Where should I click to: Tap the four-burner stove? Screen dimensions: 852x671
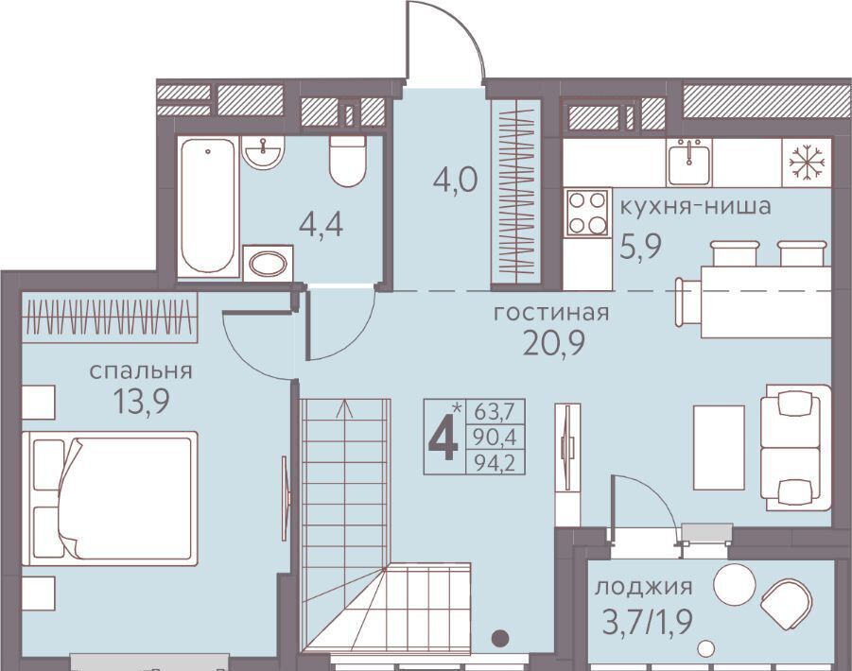pos(587,213)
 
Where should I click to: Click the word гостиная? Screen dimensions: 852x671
pos(551,314)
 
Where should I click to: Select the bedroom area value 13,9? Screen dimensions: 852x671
pos(141,402)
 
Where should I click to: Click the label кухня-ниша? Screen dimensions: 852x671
pos(696,207)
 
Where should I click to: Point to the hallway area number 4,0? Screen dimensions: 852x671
pos(456,180)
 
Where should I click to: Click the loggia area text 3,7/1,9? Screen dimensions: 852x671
pos(647,622)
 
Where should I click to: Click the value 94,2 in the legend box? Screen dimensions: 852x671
pos(495,463)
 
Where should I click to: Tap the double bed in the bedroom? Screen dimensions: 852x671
pos(110,498)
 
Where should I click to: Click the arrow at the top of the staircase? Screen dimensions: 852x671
pos(344,409)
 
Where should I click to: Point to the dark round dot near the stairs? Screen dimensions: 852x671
pos(500,637)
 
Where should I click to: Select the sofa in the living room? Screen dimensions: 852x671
pos(796,448)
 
